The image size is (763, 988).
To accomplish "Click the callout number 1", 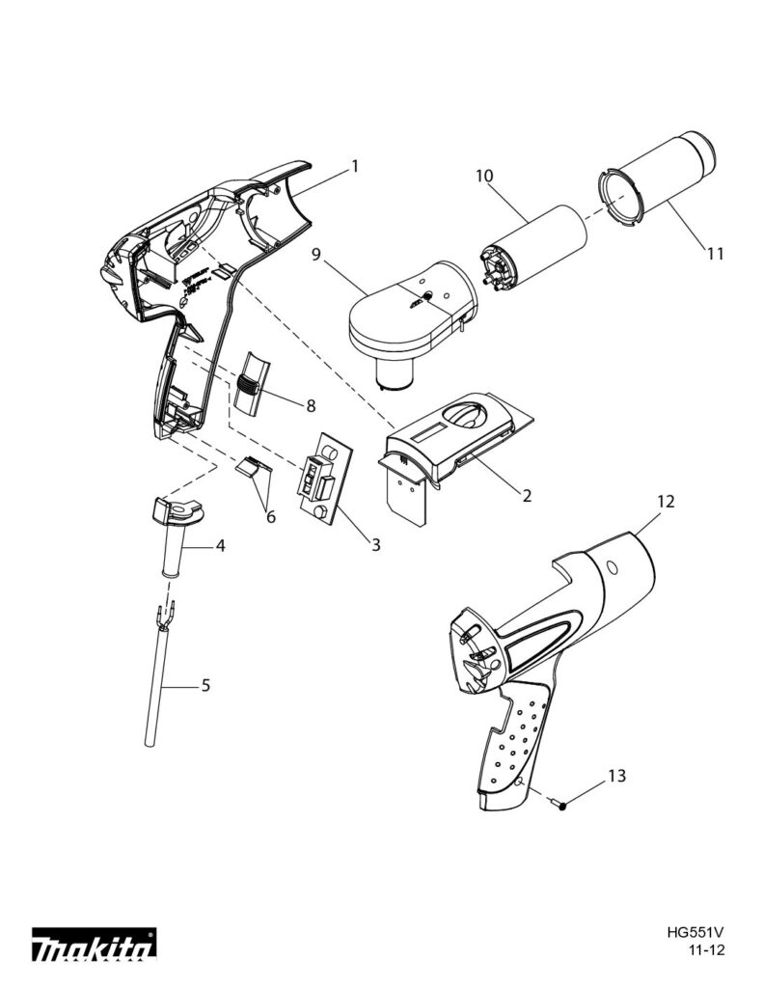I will (354, 166).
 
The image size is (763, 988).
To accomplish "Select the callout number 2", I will (527, 496).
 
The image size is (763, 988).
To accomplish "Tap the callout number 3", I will (375, 545).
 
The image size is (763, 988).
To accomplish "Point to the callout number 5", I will (204, 686).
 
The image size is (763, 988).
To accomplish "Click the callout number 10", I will (484, 176).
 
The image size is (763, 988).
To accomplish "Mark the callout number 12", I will (667, 502).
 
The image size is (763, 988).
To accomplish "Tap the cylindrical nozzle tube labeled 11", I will (666, 178).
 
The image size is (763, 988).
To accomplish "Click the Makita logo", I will (94, 947).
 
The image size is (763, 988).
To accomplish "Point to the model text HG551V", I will (695, 933).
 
